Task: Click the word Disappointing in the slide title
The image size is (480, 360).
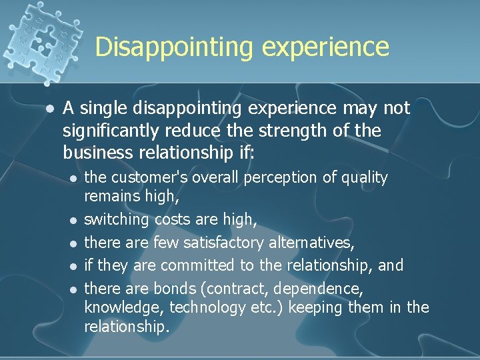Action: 174,47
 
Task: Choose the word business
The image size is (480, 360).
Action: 97,153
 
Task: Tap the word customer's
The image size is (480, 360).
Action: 147,177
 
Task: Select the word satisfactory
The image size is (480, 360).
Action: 223,242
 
